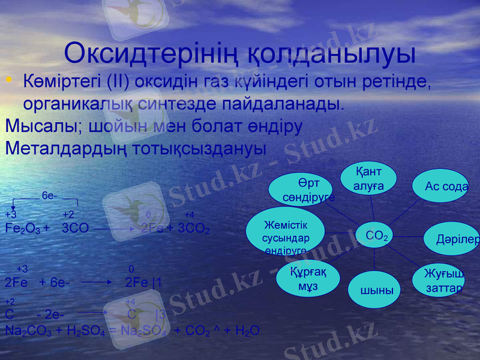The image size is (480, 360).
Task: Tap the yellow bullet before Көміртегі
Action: (x=8, y=80)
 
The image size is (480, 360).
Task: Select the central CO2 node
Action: (x=376, y=236)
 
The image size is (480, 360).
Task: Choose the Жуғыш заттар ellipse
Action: (x=440, y=280)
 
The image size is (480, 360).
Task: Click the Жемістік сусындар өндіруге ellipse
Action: (x=286, y=232)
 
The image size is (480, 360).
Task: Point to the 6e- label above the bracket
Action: (x=49, y=196)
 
